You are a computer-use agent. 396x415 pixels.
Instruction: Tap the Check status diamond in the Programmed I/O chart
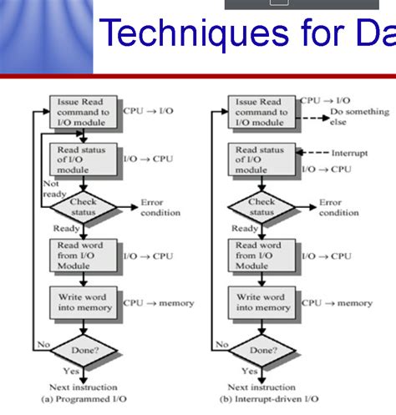tap(83, 206)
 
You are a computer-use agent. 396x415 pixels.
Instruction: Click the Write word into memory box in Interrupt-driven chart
tap(261, 302)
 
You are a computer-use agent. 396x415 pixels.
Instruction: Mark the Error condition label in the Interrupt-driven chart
tap(338, 207)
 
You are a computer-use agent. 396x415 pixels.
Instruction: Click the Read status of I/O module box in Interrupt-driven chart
tap(261, 159)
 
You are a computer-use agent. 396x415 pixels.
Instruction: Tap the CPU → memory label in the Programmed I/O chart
tap(159, 303)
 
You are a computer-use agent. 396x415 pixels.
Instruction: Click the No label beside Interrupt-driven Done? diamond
tap(221, 342)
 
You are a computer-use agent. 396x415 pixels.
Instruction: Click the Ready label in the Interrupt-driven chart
tap(245, 228)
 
